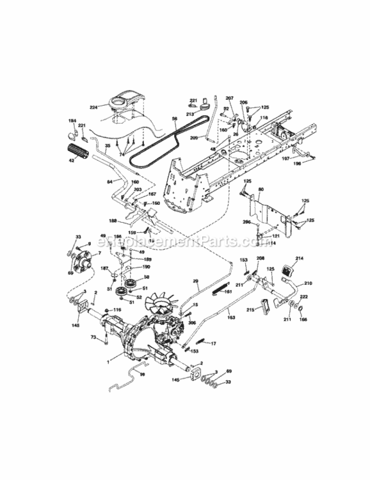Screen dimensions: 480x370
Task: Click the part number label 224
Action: click(x=95, y=108)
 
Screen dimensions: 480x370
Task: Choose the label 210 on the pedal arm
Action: click(x=307, y=282)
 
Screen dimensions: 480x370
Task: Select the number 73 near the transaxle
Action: click(x=93, y=336)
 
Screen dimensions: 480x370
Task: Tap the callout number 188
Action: click(x=113, y=221)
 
